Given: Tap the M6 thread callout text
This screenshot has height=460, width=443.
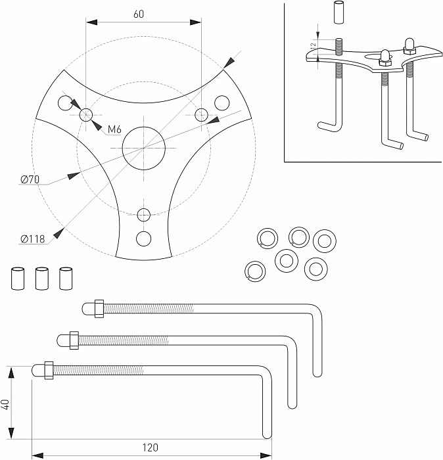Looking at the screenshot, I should [114, 129].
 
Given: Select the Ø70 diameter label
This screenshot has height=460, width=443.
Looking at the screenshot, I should [31, 179].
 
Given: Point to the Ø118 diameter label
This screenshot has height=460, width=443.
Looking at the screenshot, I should [32, 239].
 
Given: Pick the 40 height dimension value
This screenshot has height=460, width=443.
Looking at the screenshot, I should [6, 404].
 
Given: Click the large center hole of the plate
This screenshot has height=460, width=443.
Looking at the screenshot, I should [143, 147].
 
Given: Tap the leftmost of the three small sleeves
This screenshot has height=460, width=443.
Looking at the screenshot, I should [18, 278].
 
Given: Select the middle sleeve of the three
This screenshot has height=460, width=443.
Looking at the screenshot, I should [41, 278].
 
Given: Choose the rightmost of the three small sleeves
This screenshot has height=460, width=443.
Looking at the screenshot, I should [65, 278].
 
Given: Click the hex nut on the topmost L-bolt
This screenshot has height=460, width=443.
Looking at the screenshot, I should [99, 308].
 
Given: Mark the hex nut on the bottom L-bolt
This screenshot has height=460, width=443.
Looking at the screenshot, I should [48, 370].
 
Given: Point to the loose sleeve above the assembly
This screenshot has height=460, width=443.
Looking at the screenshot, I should [339, 13].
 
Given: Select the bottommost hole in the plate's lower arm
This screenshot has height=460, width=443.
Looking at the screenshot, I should [143, 237].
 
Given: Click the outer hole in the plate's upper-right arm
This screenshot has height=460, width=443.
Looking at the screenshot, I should [221, 102].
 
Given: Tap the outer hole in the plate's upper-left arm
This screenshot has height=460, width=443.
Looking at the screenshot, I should [64, 103].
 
